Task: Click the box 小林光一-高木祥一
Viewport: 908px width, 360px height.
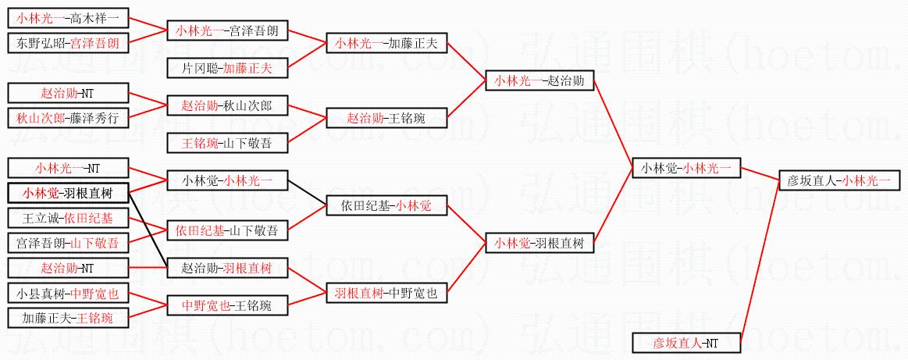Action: tap(67, 17)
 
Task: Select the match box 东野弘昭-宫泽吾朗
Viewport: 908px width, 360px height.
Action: tap(67, 43)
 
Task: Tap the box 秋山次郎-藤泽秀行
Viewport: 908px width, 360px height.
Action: tap(67, 118)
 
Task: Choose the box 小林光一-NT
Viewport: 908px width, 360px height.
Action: tap(67, 168)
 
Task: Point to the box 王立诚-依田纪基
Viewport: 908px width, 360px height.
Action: tap(67, 218)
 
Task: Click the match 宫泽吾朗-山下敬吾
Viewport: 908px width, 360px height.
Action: tap(67, 243)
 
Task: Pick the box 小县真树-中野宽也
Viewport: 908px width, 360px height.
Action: tap(67, 294)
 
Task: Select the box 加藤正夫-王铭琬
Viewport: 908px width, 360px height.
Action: tap(67, 318)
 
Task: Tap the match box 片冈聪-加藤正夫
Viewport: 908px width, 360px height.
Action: tap(227, 68)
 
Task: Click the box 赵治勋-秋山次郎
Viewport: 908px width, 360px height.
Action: tap(227, 105)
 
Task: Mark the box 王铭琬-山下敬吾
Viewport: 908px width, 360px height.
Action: tap(227, 143)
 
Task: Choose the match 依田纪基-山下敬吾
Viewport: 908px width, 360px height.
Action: tap(227, 230)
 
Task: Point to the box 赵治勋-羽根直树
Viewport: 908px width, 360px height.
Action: tap(227, 269)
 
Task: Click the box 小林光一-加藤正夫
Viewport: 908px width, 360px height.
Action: tap(386, 43)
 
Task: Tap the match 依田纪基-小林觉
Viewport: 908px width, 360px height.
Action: tap(386, 206)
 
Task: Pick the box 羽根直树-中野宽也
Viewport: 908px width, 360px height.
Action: tap(386, 294)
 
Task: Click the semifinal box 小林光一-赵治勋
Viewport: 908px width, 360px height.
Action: tap(539, 80)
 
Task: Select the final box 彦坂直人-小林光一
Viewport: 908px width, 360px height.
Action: tap(839, 181)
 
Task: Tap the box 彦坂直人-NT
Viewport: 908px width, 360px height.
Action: tap(685, 342)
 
